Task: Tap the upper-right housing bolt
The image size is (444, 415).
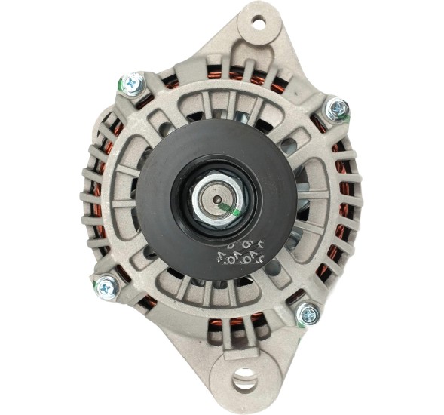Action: coord(335,110)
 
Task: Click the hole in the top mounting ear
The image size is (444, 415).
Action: coord(258,23)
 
